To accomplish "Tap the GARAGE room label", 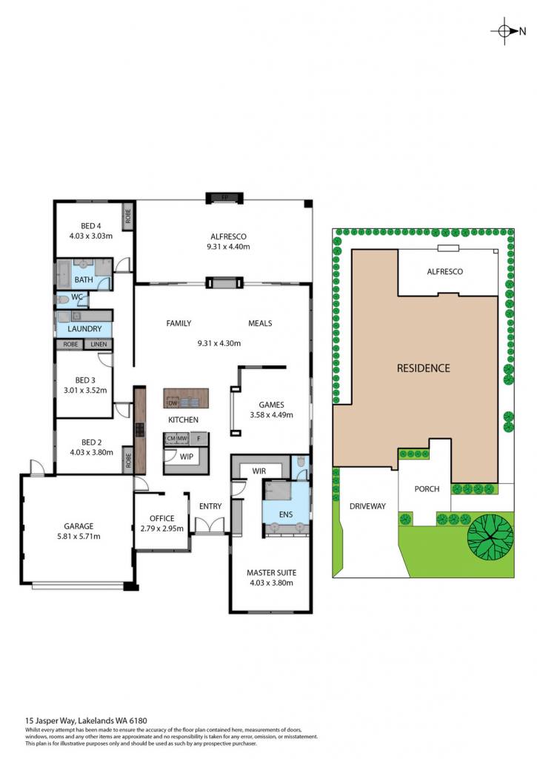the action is click(x=79, y=526).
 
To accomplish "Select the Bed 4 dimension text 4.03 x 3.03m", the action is click(x=91, y=236).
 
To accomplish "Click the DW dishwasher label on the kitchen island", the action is click(x=173, y=402).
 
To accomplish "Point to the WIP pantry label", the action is click(x=186, y=456).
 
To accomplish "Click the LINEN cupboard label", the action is click(x=99, y=344).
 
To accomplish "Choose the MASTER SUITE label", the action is click(x=271, y=573).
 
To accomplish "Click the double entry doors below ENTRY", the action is click(x=210, y=526).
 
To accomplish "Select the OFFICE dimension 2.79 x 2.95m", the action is click(x=161, y=528).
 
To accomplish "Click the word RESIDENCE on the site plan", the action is click(x=424, y=368).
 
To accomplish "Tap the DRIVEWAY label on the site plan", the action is click(x=367, y=506).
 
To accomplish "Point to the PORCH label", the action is click(x=427, y=489).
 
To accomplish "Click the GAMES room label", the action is click(x=271, y=405).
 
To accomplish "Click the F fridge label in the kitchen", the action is click(x=199, y=439).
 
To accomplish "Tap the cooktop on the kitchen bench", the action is click(x=140, y=430).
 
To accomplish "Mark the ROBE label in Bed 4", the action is click(x=128, y=216).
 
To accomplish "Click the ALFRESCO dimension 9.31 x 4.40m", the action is click(x=228, y=246).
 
